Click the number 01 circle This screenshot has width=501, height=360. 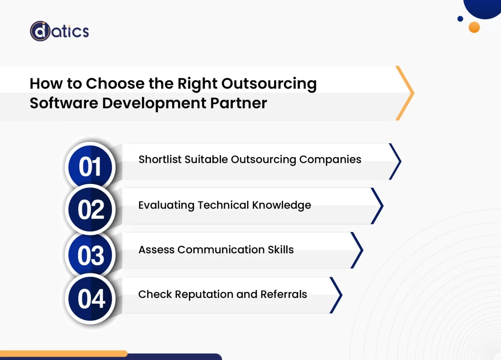click(90, 166)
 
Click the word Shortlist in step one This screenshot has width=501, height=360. click(160, 159)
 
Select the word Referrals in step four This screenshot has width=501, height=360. click(284, 294)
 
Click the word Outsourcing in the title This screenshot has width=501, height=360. click(269, 84)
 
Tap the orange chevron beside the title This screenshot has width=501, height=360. click(406, 93)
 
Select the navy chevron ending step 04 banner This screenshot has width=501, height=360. click(337, 295)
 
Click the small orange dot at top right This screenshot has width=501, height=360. click(474, 27)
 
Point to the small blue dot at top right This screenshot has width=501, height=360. click(460, 19)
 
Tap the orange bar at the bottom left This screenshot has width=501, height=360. click(64, 353)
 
